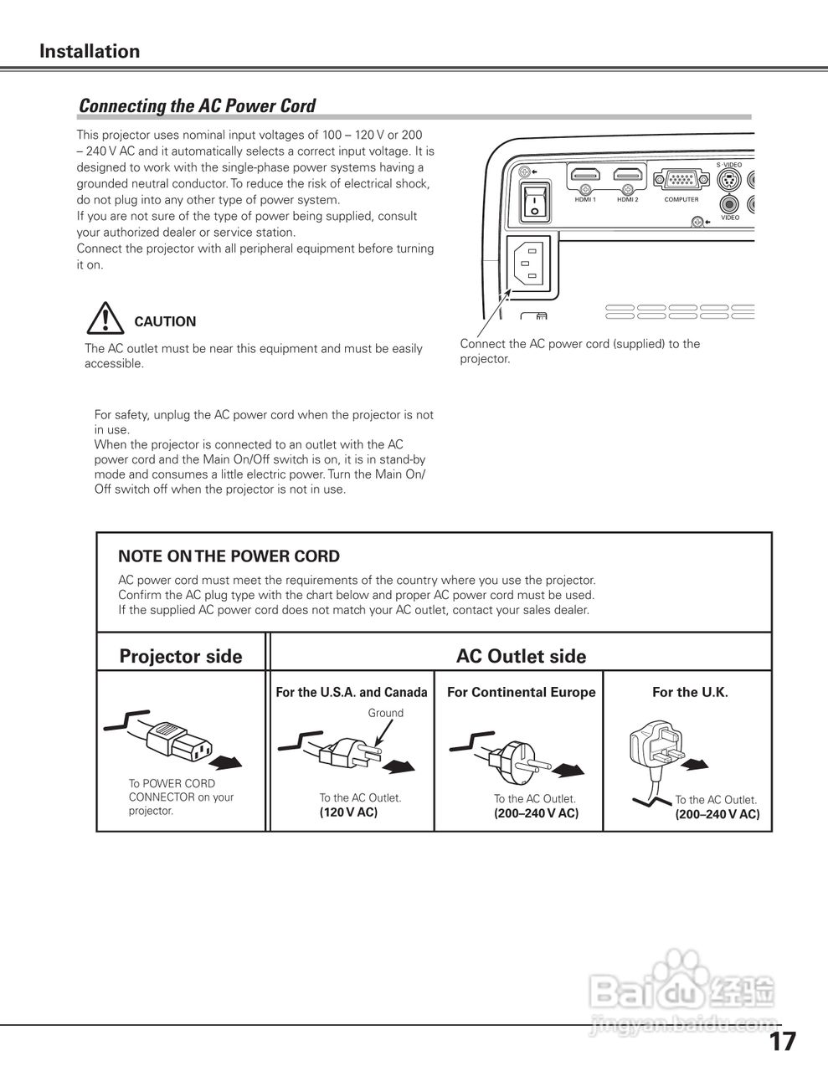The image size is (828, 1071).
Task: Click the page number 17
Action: coord(783,1042)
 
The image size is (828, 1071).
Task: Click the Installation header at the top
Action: coord(90,51)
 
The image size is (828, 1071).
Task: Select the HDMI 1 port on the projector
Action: coord(585,176)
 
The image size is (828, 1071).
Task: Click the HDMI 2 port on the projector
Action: coord(628,176)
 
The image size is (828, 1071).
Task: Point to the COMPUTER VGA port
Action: coord(681,180)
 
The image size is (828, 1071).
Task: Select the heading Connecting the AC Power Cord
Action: coord(197,106)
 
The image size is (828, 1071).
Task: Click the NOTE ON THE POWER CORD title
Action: coord(229,556)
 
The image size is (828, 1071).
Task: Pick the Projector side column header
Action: coord(181,656)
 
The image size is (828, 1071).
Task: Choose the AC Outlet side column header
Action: coord(521,656)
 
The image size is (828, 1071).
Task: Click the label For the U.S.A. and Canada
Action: coord(352,692)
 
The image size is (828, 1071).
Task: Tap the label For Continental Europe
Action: coord(521,692)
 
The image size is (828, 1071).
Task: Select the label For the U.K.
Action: coord(690,692)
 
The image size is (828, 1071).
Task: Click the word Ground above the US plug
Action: coord(385,713)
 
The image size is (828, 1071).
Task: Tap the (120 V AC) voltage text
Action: coord(348,812)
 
